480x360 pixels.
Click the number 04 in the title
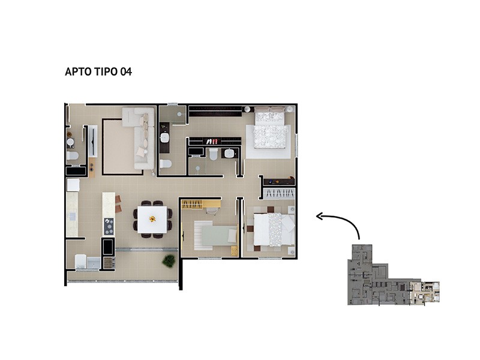126,71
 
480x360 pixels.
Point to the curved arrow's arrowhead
320,217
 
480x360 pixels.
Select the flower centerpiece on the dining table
152,218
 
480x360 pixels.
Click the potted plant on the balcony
169,261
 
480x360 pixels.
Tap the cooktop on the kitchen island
109,226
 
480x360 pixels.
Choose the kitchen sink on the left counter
72,217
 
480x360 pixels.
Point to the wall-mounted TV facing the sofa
93,142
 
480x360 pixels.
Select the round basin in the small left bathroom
70,143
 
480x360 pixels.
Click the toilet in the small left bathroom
72,156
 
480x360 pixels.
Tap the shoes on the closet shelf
212,142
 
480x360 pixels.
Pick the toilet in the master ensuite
214,154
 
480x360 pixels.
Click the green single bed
216,235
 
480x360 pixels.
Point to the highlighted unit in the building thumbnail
425,292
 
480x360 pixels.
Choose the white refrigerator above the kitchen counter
73,185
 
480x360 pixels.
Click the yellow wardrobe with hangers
193,205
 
